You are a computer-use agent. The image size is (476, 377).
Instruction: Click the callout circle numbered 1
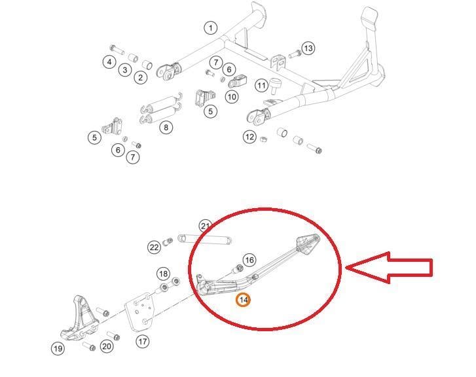click(x=210, y=28)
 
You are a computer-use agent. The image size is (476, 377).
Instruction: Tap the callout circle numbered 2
click(x=141, y=78)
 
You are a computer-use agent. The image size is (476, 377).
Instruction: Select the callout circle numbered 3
click(x=124, y=70)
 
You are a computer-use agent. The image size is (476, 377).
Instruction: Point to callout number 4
click(x=109, y=62)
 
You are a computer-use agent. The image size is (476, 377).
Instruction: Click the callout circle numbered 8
click(x=166, y=127)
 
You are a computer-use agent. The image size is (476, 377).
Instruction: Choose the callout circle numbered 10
click(x=232, y=97)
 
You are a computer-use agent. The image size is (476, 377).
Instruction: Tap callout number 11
click(x=262, y=86)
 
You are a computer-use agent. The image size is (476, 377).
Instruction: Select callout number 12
click(x=249, y=137)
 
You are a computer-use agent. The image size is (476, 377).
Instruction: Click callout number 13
click(x=308, y=48)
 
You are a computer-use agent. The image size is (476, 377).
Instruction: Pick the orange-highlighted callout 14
click(x=244, y=300)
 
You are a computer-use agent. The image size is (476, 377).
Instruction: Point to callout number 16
click(x=249, y=260)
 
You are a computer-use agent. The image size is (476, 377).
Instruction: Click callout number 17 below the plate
click(x=143, y=341)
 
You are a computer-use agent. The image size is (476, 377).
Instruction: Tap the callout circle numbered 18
click(x=163, y=273)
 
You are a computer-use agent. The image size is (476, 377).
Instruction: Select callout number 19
click(x=58, y=348)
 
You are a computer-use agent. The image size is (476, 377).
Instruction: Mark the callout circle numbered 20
click(x=107, y=346)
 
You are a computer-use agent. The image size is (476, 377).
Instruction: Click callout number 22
click(x=154, y=247)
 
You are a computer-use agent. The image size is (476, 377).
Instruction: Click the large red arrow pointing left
click(x=389, y=267)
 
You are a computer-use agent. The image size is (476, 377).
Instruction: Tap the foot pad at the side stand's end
click(x=306, y=243)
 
